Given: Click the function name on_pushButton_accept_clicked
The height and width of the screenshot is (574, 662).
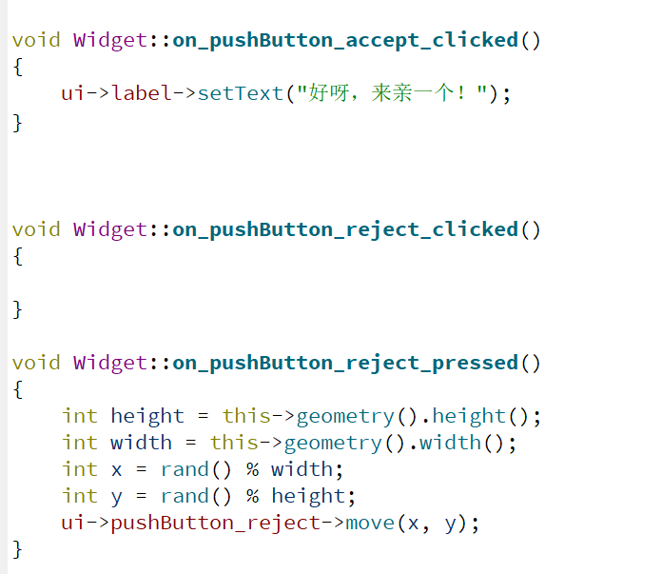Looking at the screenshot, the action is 345,40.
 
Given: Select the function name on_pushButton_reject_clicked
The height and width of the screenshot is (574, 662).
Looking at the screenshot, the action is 345,229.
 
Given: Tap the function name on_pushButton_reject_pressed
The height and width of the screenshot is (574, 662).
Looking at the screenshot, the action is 345,363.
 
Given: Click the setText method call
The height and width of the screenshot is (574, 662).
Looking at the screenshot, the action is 241,93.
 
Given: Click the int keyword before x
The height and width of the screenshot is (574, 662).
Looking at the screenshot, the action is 80,469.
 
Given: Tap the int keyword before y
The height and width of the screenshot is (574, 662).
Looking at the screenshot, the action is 80,496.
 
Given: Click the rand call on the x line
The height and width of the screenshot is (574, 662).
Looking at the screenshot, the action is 185,469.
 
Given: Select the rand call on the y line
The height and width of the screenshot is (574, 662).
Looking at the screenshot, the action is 185,496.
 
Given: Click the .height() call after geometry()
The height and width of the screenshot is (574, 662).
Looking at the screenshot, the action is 468,416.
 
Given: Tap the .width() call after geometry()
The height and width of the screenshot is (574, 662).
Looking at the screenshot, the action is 450,443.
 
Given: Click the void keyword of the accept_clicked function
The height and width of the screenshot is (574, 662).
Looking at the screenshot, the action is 36,40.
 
